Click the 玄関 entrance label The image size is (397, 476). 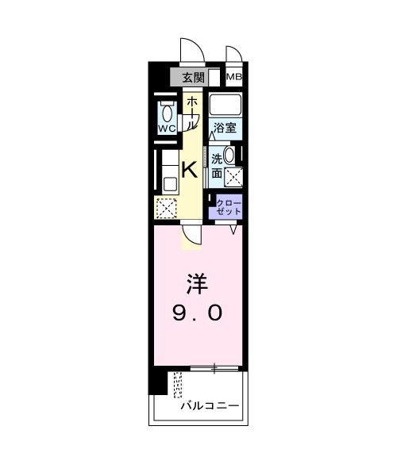pos(192,77)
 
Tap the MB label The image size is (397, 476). pos(234,77)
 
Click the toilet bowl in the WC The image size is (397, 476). pos(166,112)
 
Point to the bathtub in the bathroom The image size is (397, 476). pos(226,105)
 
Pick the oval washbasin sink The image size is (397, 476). pos(229,155)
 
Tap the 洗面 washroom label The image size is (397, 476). pos(216,165)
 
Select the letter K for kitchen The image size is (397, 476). pos(191,169)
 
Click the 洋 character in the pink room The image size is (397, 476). pos(198,283)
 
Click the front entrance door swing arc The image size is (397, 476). pos(191,49)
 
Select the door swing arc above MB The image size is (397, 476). pos(233,54)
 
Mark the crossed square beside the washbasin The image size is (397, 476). pos(233,176)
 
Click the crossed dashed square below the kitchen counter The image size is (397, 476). pos(166,208)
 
